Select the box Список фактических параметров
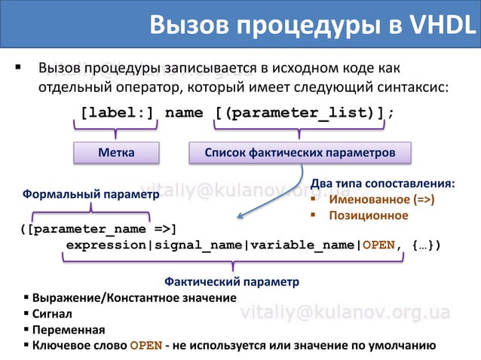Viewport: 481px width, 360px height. (300, 152)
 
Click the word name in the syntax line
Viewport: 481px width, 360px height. (184, 113)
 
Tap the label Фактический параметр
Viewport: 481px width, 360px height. (231, 282)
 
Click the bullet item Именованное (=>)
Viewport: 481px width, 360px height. (381, 200)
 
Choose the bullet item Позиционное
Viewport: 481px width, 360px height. (368, 215)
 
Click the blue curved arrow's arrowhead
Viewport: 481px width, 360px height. (240, 217)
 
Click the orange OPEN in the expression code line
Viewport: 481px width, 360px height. (378, 246)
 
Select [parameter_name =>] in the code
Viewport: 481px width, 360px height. (98, 228)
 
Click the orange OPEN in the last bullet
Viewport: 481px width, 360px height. (146, 346)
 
